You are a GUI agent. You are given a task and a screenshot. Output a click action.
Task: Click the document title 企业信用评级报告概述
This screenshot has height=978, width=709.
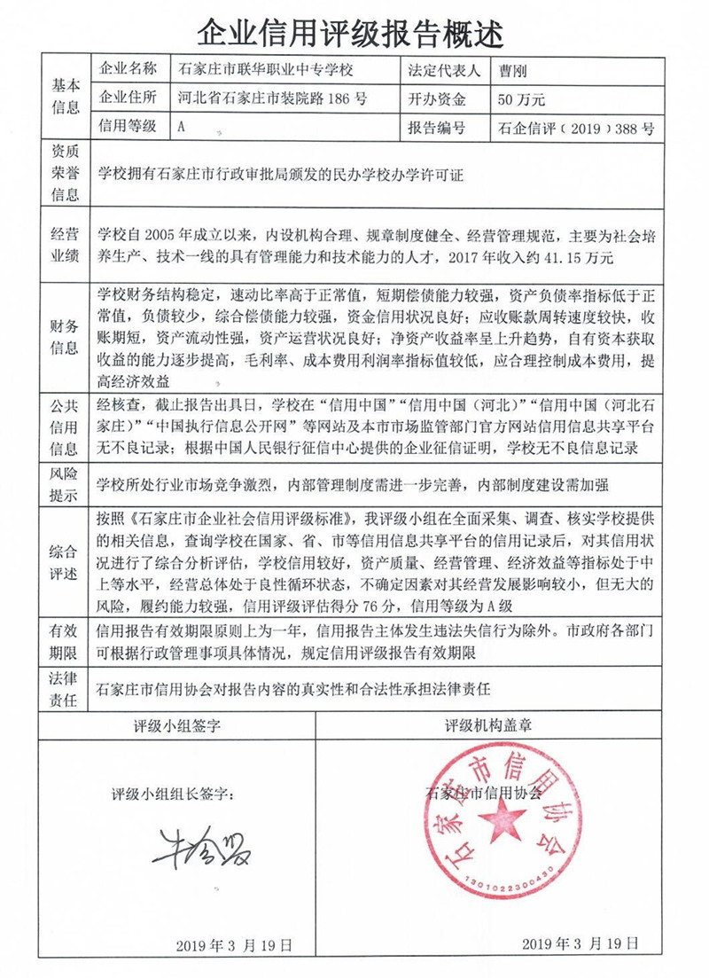coord(354,33)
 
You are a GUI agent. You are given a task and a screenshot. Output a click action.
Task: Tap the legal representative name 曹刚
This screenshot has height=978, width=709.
coord(513,68)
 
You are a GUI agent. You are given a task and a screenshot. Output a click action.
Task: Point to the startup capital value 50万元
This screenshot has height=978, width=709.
coord(521,98)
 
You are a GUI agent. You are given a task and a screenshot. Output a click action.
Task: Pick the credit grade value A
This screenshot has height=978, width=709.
coord(181,127)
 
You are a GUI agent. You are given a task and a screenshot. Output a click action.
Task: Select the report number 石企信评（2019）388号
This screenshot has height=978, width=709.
coord(577,128)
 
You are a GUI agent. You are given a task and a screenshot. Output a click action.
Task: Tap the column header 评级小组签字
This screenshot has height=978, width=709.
coord(176,726)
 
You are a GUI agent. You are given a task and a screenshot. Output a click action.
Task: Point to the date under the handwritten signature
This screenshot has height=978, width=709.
coord(234,945)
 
